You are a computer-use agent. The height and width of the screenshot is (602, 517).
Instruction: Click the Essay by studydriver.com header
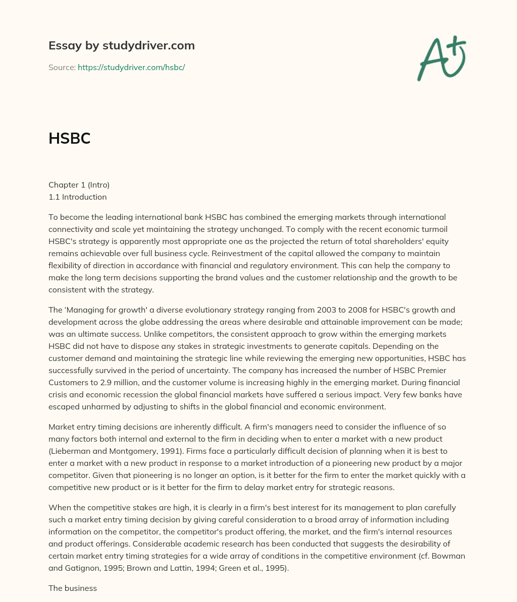click(121, 45)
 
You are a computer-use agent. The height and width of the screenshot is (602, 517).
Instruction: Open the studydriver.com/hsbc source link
click(131, 67)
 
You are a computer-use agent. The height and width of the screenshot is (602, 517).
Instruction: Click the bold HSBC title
click(69, 139)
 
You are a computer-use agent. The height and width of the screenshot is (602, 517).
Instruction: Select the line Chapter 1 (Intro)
click(79, 185)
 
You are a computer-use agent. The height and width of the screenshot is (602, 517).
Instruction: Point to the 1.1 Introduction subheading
click(78, 197)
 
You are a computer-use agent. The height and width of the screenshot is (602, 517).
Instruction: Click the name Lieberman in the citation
click(69, 451)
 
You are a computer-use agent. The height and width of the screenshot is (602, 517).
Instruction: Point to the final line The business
click(73, 588)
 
